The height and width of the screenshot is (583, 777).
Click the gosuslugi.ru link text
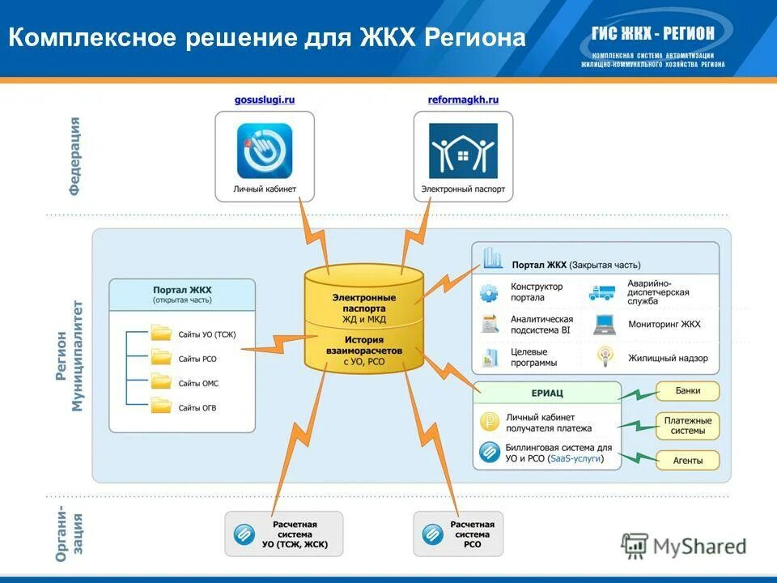(264, 100)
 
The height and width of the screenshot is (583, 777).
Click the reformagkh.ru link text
(463, 100)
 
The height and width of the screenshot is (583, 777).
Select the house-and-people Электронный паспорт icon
(463, 151)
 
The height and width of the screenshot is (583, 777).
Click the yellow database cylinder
(363, 319)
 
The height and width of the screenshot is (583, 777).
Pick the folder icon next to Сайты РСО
(162, 357)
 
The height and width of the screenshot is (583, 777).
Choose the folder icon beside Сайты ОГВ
(162, 406)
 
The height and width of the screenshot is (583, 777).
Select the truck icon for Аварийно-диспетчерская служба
(602, 293)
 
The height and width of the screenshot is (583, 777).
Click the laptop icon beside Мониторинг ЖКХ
(604, 324)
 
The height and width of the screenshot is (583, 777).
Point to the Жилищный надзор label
(668, 357)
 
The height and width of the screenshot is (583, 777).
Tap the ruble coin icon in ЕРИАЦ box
(488, 421)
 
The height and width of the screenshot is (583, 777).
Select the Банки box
(687, 391)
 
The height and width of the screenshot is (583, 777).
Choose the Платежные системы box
(687, 426)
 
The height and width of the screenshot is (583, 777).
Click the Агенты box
(687, 460)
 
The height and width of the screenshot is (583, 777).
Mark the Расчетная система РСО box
(458, 534)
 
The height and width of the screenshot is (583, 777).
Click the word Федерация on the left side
(74, 155)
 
